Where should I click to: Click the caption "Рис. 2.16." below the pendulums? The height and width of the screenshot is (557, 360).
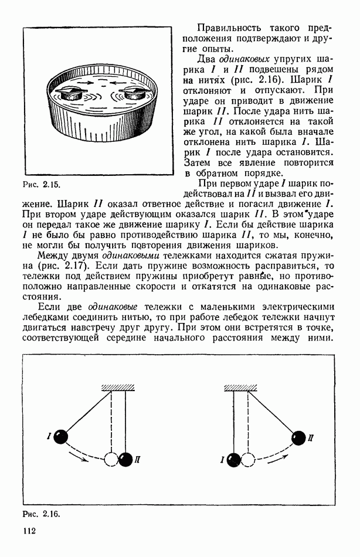(x=41, y=514)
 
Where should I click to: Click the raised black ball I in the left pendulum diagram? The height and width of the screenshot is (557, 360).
(x=61, y=436)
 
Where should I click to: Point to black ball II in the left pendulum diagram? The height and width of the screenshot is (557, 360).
(x=125, y=460)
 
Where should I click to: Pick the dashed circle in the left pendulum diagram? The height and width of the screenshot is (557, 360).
(x=111, y=460)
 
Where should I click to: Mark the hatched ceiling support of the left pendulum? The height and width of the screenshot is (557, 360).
(x=118, y=387)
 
